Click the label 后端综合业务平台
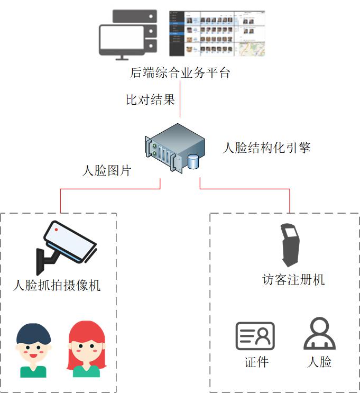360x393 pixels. pyautogui.click(x=180, y=73)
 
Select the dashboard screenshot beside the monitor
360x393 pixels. pyautogui.click(x=217, y=33)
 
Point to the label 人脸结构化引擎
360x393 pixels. pyautogui.click(x=266, y=147)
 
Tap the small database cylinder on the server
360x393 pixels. pyautogui.click(x=193, y=161)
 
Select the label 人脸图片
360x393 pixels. pyautogui.click(x=107, y=170)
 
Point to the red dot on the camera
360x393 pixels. pyautogui.click(x=57, y=230)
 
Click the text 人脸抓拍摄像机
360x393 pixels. pyautogui.click(x=57, y=286)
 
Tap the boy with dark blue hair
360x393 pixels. pyautogui.click(x=33, y=350)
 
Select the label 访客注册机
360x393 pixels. pyautogui.click(x=293, y=279)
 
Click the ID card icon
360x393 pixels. pyautogui.click(x=255, y=336)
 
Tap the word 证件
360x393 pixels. pyautogui.click(x=256, y=362)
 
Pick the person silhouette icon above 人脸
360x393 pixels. pyautogui.click(x=319, y=334)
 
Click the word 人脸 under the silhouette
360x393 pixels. pyautogui.click(x=319, y=362)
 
